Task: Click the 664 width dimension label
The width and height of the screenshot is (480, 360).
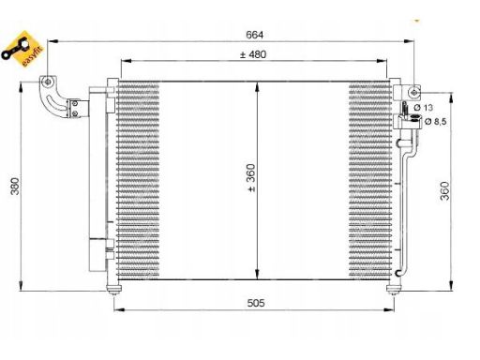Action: pos(254,35)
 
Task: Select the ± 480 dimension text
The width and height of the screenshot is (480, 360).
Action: pos(253,54)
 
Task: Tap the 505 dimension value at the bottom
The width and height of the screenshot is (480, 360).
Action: pos(256,303)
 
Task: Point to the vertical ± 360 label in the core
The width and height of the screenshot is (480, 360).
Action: pos(251,178)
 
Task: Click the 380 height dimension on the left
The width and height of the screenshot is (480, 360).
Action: pos(15,187)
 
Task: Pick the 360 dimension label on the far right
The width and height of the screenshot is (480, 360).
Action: pos(444,190)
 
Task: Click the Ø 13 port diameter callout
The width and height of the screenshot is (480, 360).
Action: pos(424,108)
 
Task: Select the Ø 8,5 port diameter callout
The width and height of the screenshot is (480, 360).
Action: pos(435,121)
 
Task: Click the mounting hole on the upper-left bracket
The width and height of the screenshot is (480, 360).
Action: pos(48,82)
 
